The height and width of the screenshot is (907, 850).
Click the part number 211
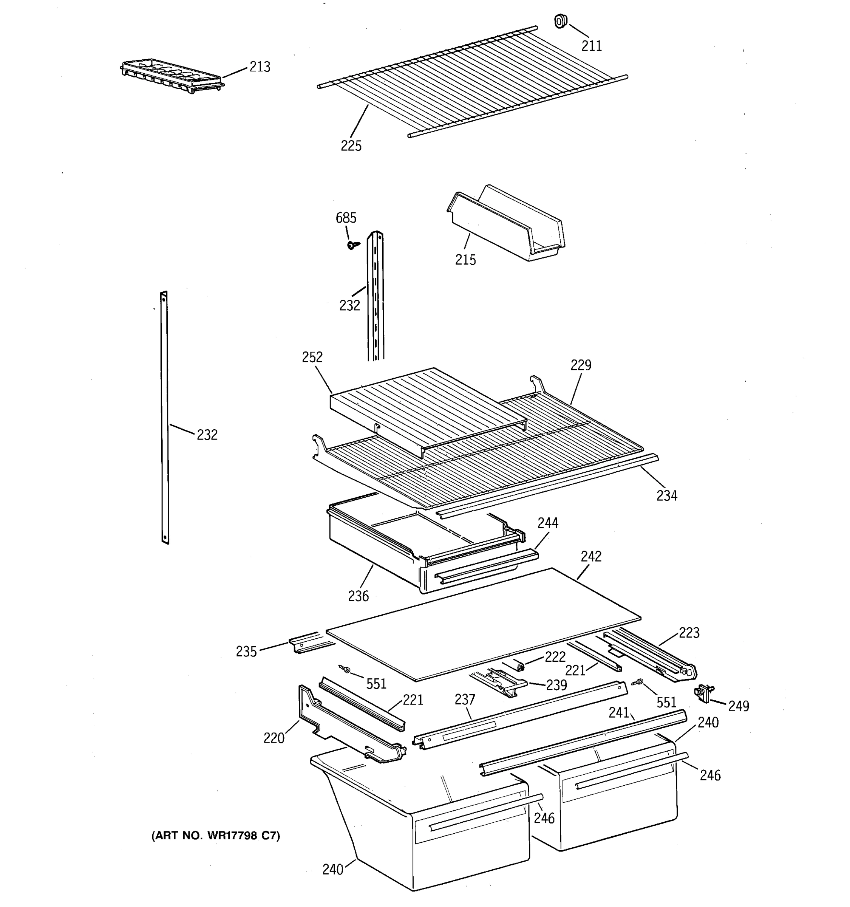592,46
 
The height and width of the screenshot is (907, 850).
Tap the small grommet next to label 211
561,21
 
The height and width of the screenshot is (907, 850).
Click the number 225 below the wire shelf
351,146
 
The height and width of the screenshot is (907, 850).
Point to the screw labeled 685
352,245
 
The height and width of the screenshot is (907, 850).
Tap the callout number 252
312,357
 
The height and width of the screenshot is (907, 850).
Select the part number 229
581,365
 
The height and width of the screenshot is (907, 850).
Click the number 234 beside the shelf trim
666,495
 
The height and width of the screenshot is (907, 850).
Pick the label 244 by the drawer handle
548,523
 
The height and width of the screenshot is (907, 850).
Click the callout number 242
591,556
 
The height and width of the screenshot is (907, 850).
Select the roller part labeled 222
519,667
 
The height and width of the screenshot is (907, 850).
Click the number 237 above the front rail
465,700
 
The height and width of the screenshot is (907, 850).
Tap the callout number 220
274,738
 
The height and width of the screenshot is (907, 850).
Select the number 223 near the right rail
689,633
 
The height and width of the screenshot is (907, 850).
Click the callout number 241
619,712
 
